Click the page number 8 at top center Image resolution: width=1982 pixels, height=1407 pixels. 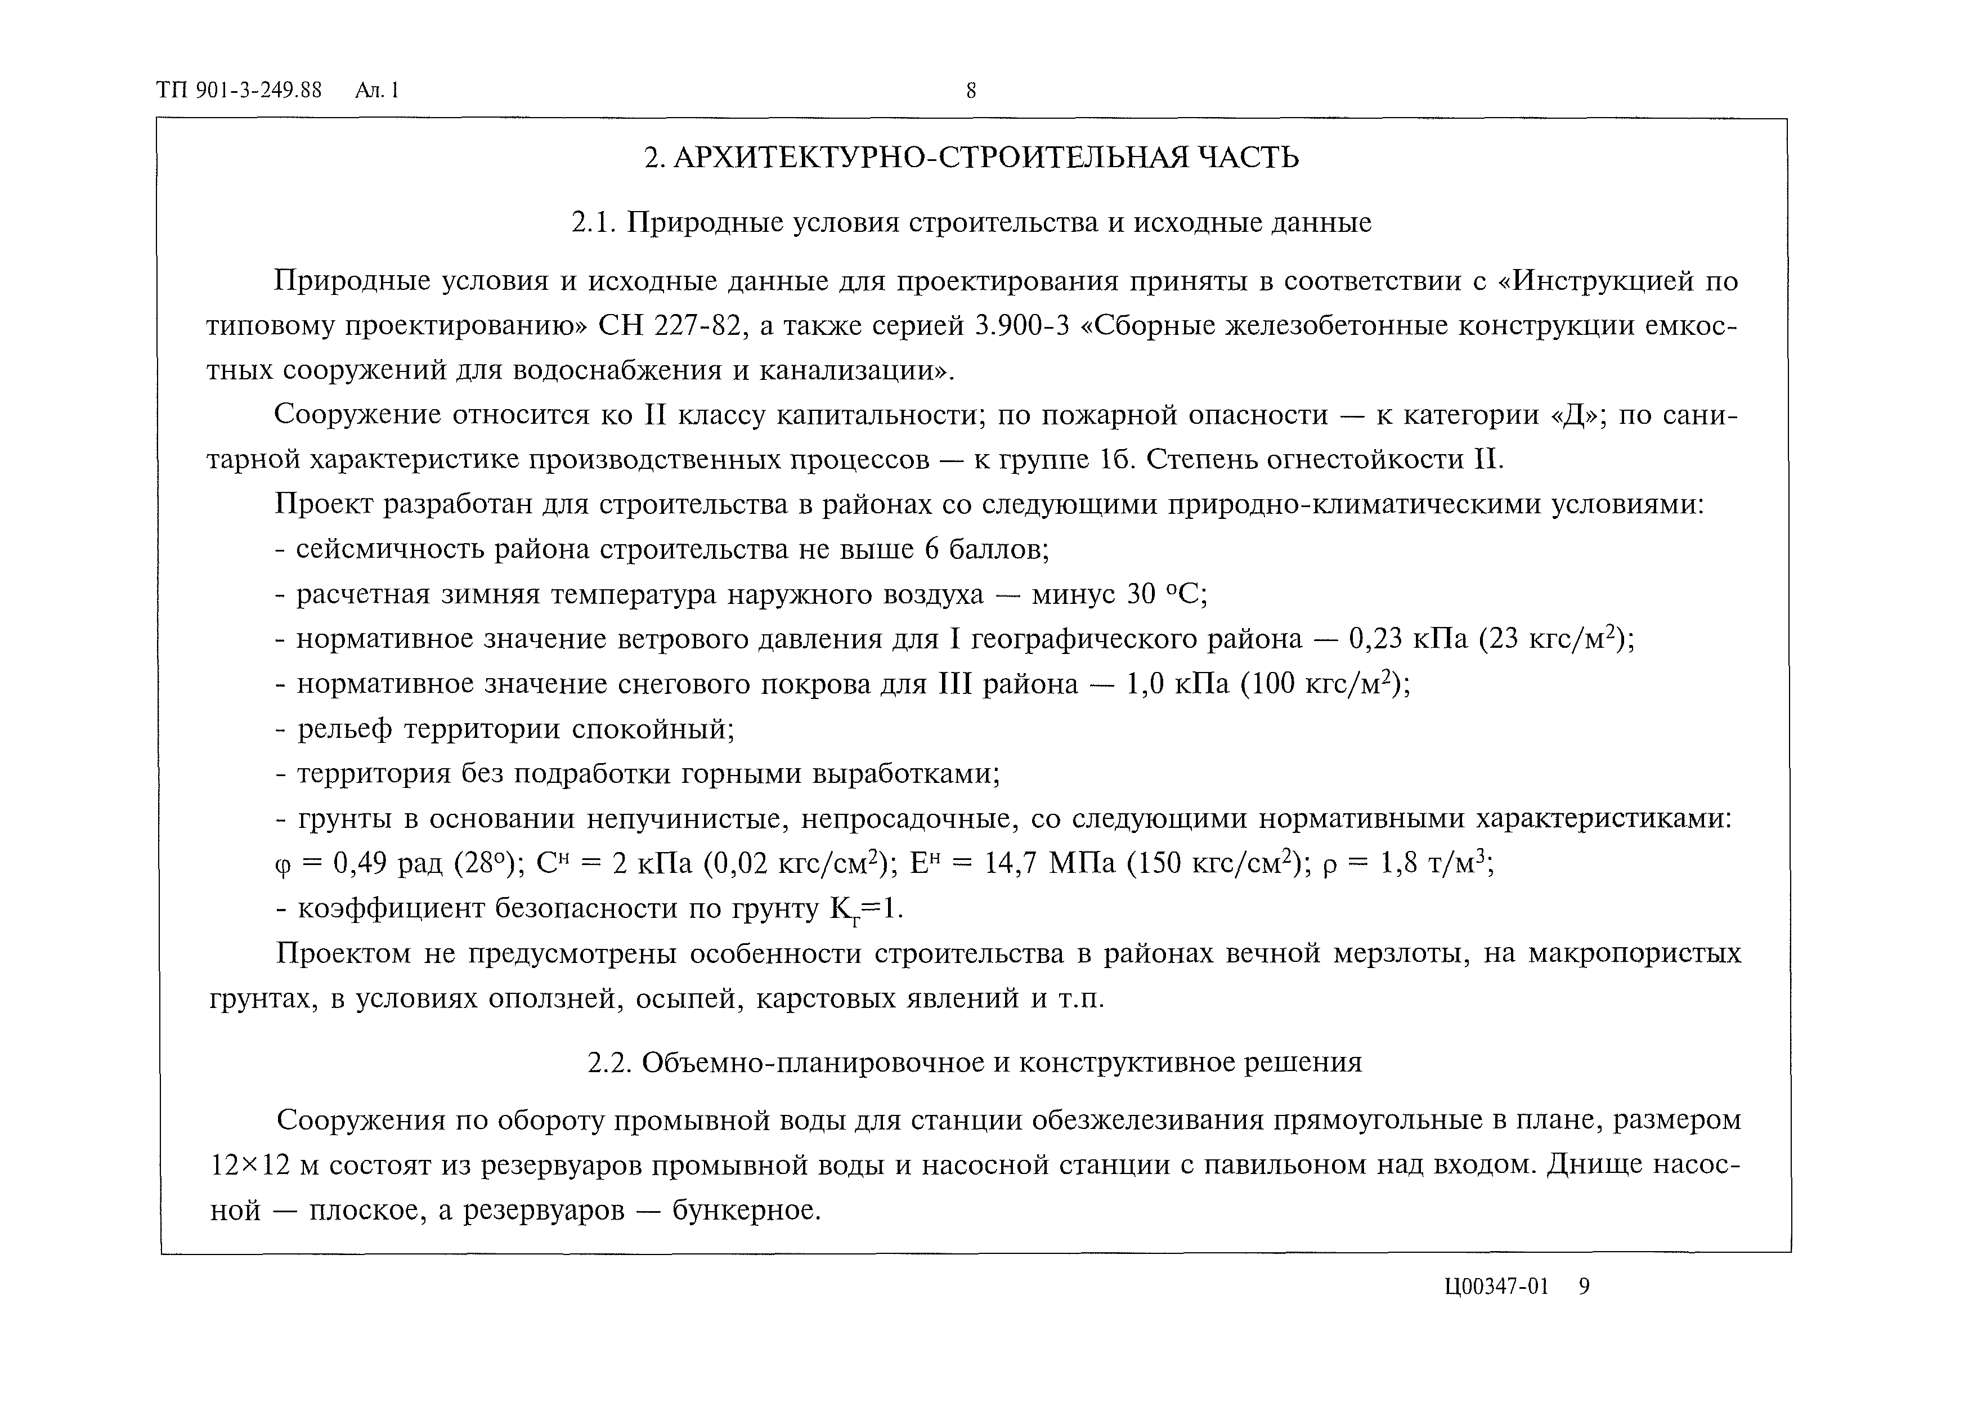tap(971, 90)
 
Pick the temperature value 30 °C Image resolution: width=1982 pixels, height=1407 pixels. tap(1166, 594)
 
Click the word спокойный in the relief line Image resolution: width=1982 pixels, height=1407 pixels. tap(652, 729)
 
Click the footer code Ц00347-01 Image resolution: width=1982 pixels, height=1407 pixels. tap(1496, 1287)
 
